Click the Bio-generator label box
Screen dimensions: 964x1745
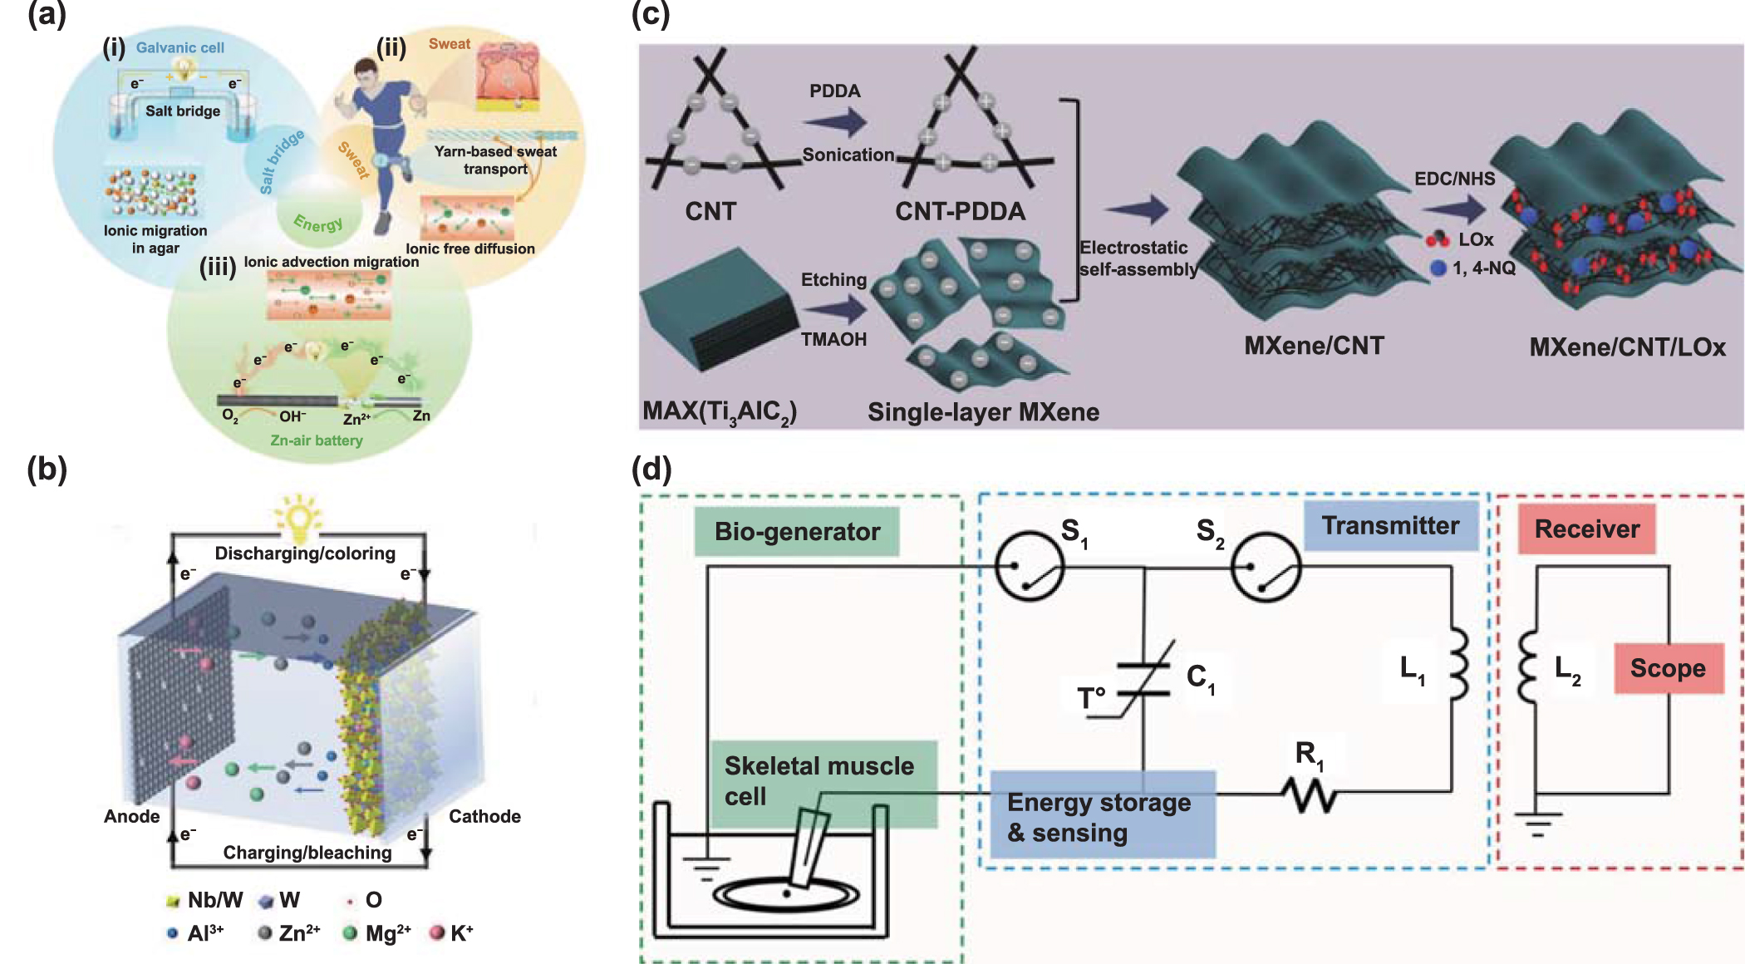pyautogui.click(x=796, y=531)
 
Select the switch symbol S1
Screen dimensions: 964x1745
pyautogui.click(x=1029, y=567)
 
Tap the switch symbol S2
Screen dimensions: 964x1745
pyautogui.click(x=1265, y=567)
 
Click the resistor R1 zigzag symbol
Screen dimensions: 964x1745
pyautogui.click(x=1309, y=794)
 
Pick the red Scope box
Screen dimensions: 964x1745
pyautogui.click(x=1668, y=668)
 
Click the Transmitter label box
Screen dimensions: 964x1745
pyautogui.click(x=1390, y=526)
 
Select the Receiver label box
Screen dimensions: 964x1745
pyautogui.click(x=1586, y=529)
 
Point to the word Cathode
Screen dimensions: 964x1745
pyautogui.click(x=484, y=816)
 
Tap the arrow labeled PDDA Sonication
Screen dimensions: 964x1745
pyautogui.click(x=835, y=123)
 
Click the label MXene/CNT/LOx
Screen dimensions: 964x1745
pyautogui.click(x=1627, y=347)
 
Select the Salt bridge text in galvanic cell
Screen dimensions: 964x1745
pyautogui.click(x=183, y=111)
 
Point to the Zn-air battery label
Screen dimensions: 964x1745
pyautogui.click(x=316, y=440)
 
